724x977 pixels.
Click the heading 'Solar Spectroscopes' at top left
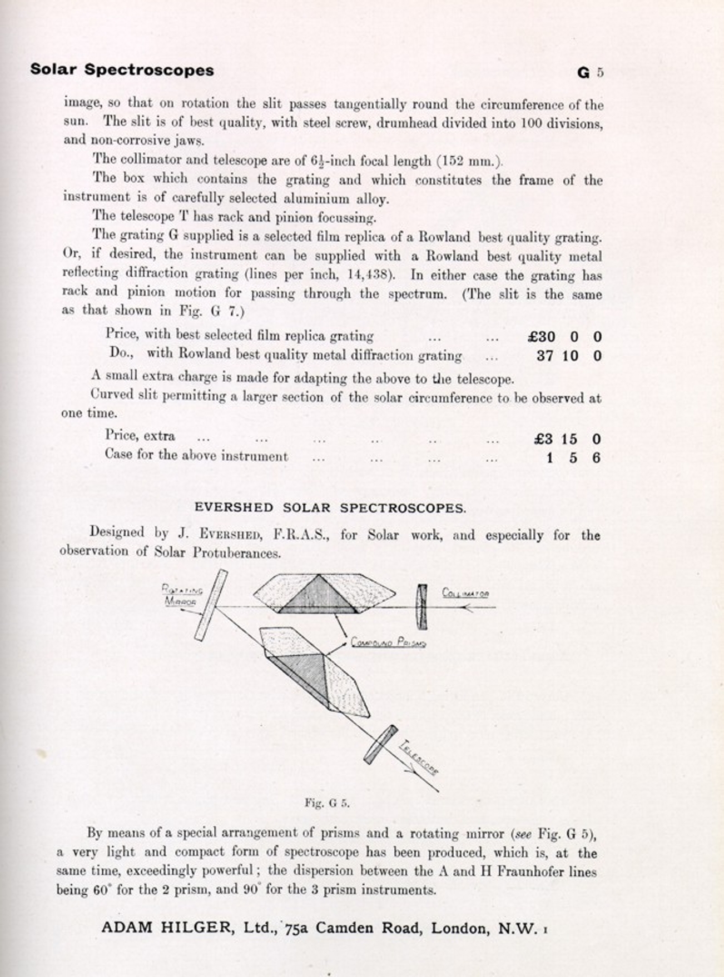point(122,70)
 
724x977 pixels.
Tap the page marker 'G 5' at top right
point(591,73)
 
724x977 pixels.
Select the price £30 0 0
point(564,337)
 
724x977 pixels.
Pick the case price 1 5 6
point(573,458)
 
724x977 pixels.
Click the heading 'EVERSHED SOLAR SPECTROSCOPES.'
point(330,508)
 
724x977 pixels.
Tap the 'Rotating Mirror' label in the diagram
point(181,595)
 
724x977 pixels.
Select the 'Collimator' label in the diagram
point(465,594)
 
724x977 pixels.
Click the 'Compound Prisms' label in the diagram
point(388,643)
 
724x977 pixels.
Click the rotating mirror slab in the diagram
point(211,605)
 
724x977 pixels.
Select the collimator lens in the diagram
point(423,606)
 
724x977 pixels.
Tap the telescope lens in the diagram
point(380,744)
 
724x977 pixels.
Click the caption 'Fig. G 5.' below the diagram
point(327,803)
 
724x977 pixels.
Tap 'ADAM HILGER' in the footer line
point(166,927)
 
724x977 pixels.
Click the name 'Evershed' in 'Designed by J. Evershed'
point(229,535)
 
